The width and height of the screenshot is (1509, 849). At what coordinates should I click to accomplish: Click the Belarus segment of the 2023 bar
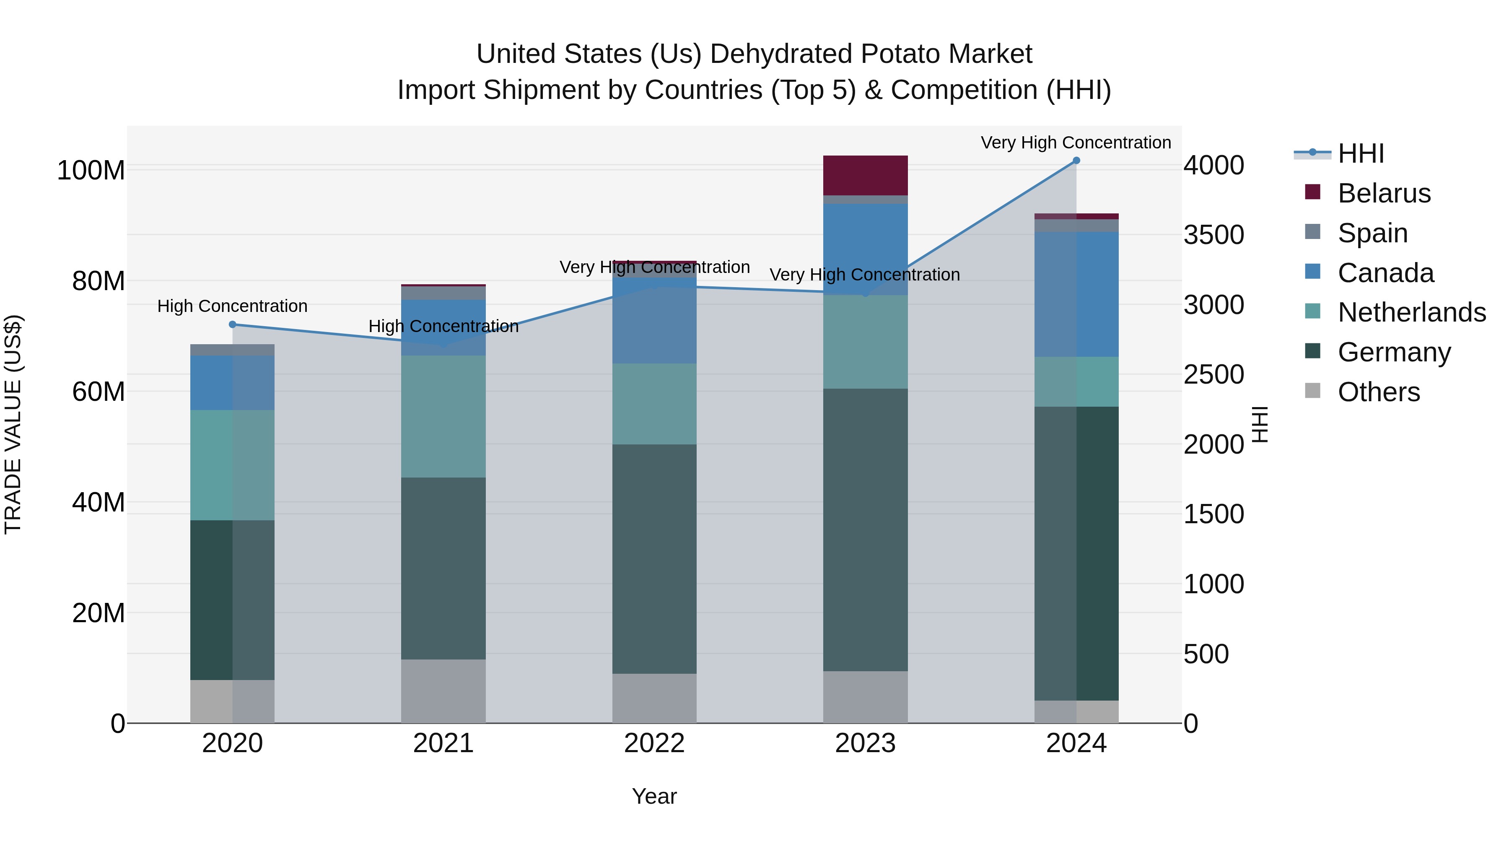tap(865, 175)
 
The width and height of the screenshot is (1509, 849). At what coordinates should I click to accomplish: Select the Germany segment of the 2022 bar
tap(654, 558)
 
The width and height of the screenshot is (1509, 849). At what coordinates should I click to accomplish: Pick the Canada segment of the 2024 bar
tap(1076, 294)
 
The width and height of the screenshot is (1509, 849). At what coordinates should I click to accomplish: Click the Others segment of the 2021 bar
tap(443, 691)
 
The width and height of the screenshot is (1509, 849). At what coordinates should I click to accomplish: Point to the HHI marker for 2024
tap(1076, 161)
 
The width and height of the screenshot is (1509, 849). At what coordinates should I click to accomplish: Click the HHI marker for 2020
tap(233, 324)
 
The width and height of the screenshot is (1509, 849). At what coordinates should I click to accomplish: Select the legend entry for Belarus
tap(1384, 193)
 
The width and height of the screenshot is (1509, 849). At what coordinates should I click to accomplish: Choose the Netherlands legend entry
tap(1411, 312)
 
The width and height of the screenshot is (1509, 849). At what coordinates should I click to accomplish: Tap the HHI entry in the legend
tap(1360, 153)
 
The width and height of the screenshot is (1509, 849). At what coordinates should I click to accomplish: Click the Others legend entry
tap(1378, 392)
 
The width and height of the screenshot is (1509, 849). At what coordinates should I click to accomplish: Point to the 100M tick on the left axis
tap(91, 171)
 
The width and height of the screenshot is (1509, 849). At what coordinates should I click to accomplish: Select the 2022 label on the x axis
tap(654, 743)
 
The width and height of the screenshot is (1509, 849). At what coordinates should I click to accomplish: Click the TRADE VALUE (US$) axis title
tap(13, 424)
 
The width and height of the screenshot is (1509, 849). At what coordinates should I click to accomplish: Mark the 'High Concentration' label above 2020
tap(233, 306)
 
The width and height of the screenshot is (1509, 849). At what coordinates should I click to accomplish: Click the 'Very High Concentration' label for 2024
tap(1076, 143)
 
